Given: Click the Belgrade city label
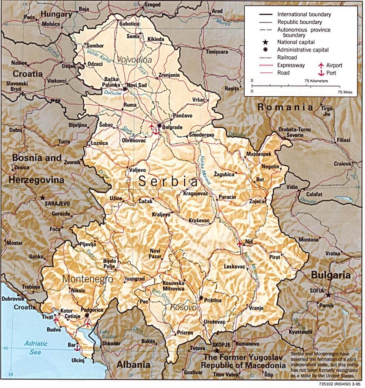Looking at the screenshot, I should point(173,127).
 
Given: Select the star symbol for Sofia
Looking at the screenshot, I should point(328,295).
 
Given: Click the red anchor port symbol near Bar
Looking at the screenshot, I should point(77,347).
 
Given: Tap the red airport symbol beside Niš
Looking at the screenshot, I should point(240,244).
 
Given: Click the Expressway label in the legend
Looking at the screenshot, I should point(291,65).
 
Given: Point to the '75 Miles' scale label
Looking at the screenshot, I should point(345,91).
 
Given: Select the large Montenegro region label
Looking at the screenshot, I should point(87,279).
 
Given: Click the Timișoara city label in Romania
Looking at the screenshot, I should point(217,52).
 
